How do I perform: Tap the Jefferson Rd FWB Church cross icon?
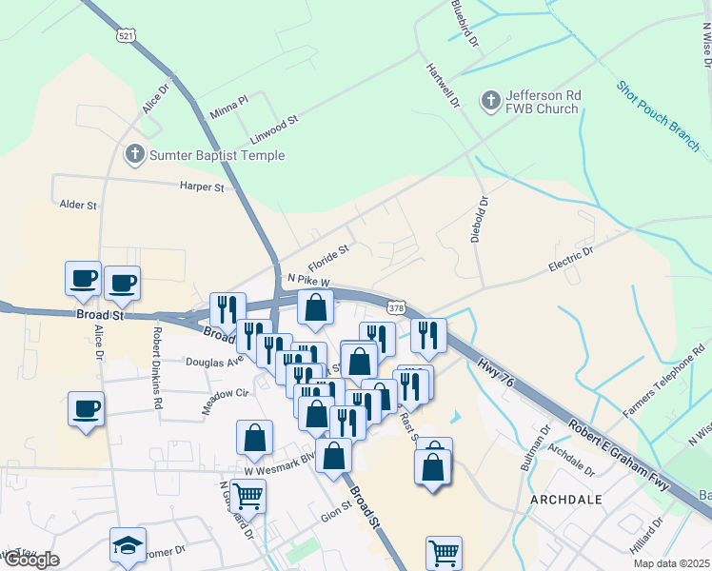coord(490,100)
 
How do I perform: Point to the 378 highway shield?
coord(398,307)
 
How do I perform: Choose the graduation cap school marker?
coord(128,545)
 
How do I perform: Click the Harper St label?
coord(201,187)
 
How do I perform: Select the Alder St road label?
coord(79,205)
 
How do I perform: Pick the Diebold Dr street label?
coord(479,219)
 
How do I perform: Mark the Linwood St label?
coord(274,130)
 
